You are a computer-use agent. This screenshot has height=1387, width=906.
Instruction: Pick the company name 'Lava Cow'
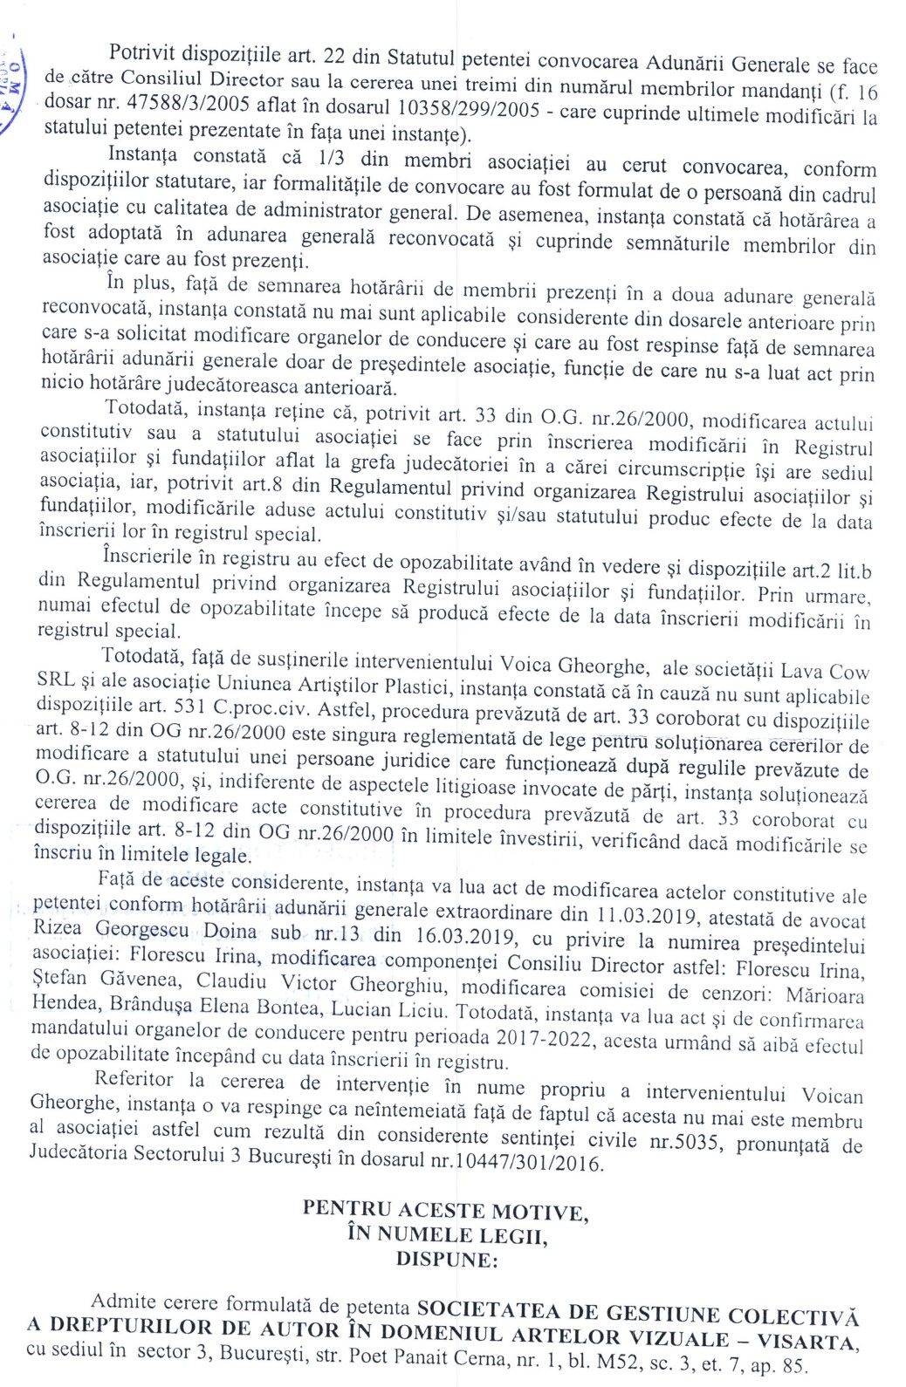pos(827,672)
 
